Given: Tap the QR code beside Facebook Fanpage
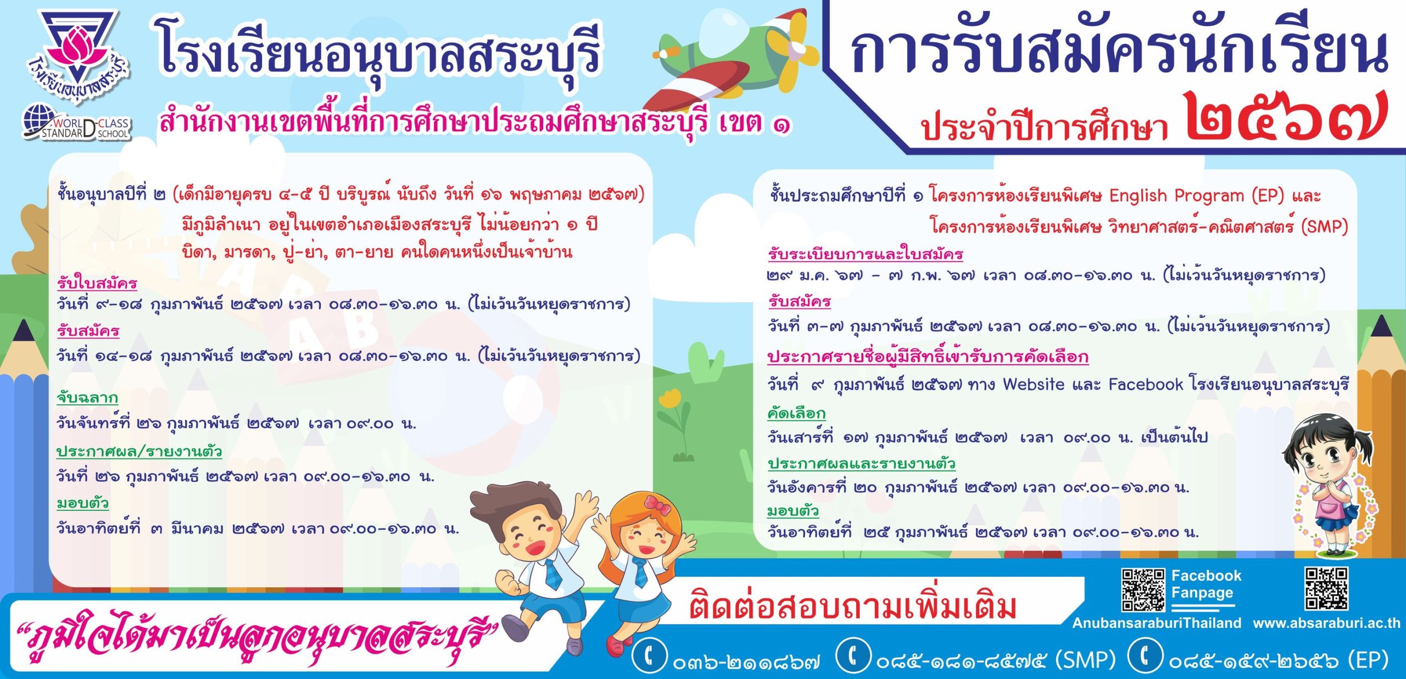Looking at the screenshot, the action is [1142, 590].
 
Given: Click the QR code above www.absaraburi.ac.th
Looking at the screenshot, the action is [1326, 588].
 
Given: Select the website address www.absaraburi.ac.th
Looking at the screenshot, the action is [1326, 623].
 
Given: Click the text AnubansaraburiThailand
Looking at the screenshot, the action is [1157, 623].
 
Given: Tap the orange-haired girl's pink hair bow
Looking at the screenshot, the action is [657, 504].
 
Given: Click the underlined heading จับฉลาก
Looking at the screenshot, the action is [87, 397].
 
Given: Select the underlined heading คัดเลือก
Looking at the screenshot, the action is [796, 413].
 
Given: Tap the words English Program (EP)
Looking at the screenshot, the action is [1196, 196].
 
